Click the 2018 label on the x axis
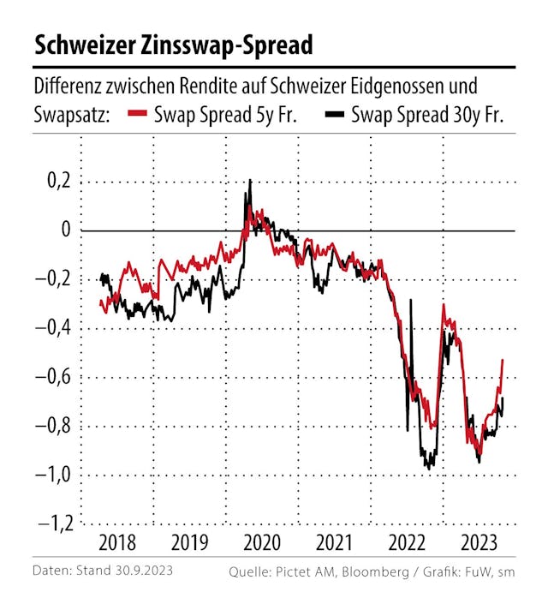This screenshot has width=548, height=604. coord(116,542)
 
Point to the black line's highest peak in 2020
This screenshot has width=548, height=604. coord(250,181)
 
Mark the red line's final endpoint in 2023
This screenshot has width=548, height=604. coord(502,361)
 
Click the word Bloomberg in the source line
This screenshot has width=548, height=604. coord(374,571)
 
